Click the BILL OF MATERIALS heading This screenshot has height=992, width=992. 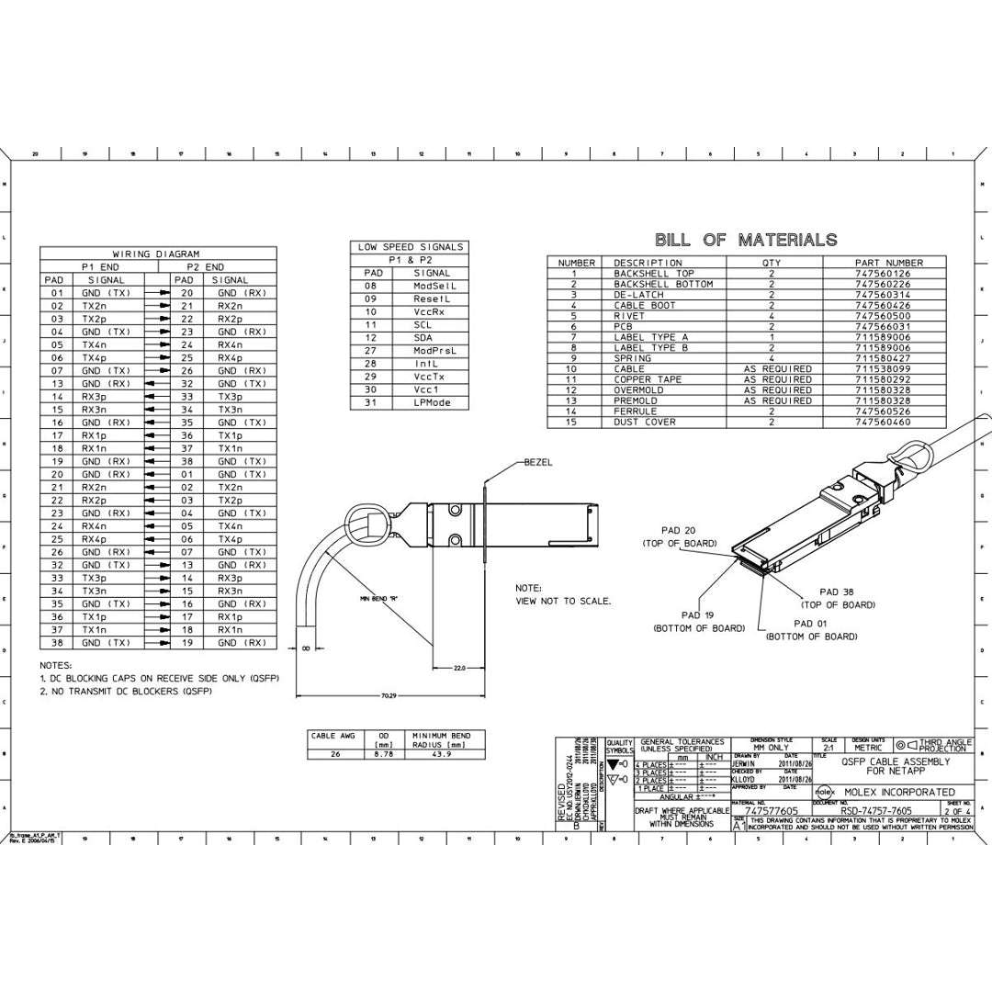click(745, 240)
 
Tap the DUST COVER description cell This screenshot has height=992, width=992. click(645, 423)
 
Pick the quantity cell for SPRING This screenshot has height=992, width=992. click(772, 358)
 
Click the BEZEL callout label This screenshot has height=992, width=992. click(538, 462)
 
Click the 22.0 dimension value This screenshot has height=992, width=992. click(459, 668)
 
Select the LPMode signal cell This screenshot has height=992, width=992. click(432, 402)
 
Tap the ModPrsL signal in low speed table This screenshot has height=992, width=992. click(434, 351)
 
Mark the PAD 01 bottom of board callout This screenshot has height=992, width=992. click(811, 629)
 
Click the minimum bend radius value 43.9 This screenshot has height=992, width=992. click(441, 754)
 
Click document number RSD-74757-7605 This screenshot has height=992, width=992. click(876, 811)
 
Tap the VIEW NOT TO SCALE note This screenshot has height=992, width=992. click(563, 601)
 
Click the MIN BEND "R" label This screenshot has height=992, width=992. click(377, 598)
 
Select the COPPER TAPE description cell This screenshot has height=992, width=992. click(648, 379)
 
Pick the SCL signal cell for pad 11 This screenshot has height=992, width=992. click(423, 325)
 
